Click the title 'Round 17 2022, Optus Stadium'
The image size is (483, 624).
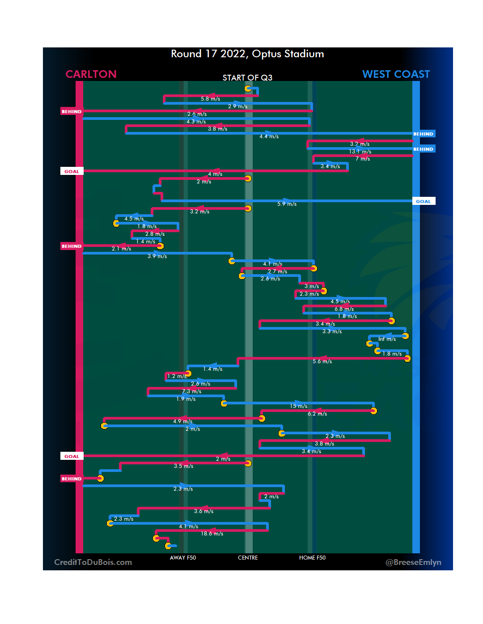[247, 54]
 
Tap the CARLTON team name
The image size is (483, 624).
[91, 74]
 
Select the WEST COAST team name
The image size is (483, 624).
[396, 74]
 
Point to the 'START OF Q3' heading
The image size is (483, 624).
[247, 78]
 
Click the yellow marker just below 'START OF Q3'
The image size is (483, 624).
[248, 89]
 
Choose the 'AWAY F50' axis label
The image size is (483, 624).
[183, 558]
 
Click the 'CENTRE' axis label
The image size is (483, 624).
[248, 558]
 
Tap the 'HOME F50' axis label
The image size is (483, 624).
[312, 558]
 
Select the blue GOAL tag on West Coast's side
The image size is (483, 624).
[423, 201]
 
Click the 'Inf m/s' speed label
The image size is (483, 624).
[387, 339]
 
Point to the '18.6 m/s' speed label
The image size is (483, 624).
[212, 534]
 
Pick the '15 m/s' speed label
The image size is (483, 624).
[298, 406]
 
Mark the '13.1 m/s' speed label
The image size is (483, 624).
[360, 152]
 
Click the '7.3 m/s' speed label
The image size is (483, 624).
[191, 391]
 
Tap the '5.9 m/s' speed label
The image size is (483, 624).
[287, 204]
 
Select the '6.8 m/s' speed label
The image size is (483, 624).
[344, 309]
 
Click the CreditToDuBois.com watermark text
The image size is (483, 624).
[93, 562]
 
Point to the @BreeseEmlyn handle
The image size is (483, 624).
[413, 562]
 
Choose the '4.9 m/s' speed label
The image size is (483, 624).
[182, 421]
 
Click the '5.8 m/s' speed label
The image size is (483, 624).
[210, 99]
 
